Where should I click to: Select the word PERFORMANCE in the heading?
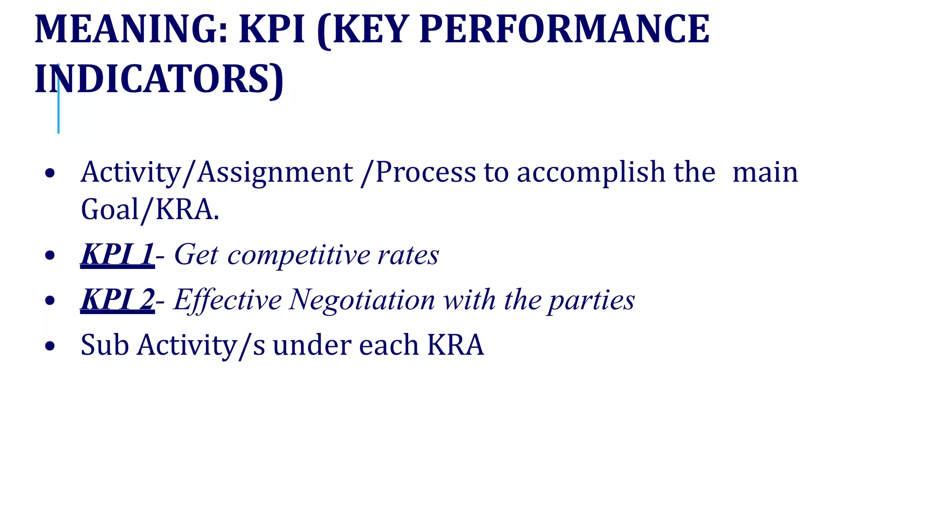click(564, 29)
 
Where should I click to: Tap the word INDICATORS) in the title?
click(159, 79)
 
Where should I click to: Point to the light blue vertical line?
click(58, 114)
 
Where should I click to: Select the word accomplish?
click(591, 172)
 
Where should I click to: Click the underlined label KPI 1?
click(117, 254)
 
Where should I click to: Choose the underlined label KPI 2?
click(117, 300)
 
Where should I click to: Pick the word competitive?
click(299, 255)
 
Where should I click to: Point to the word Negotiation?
click(362, 300)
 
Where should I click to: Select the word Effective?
click(227, 300)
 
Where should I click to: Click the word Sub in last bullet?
click(105, 345)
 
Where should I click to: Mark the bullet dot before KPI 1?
click(50, 256)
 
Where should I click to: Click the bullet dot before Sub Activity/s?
click(50, 346)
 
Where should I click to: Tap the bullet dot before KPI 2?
click(50, 301)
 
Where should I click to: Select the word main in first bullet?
click(765, 172)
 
